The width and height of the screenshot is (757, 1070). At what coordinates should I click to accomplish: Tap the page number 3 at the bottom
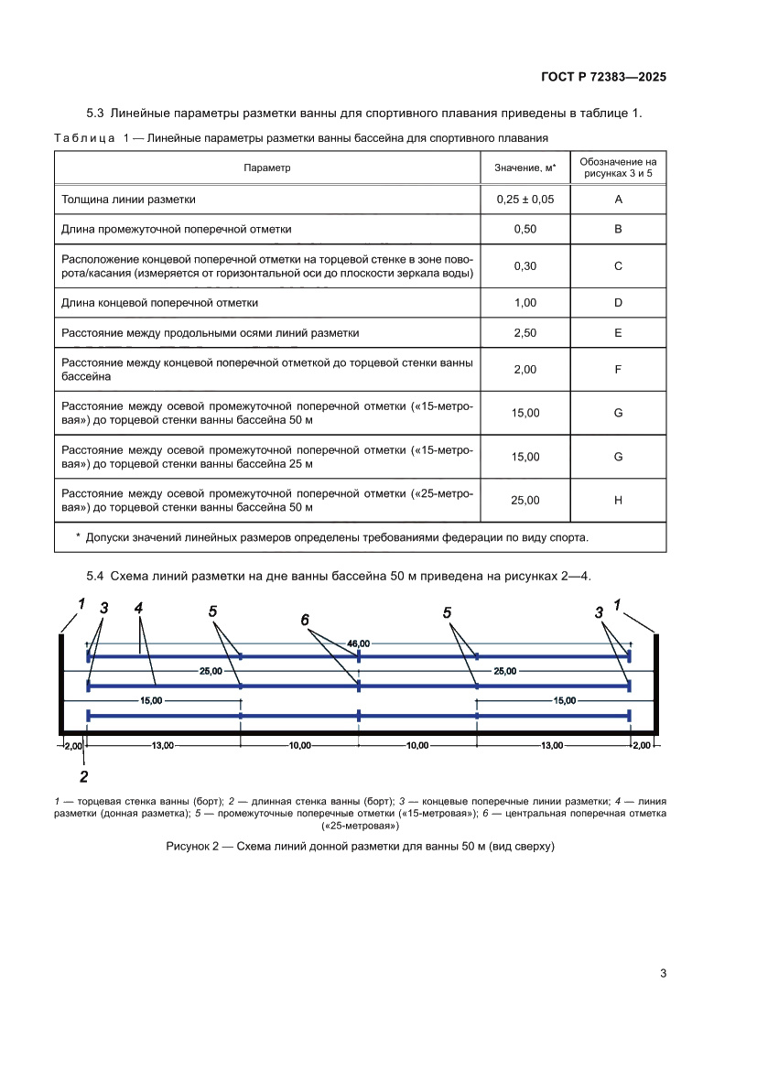[663, 973]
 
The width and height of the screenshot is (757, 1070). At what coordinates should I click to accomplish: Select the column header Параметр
[267, 168]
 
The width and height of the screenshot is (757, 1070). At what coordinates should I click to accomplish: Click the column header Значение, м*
[524, 168]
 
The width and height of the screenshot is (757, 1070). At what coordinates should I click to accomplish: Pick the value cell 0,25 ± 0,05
[524, 199]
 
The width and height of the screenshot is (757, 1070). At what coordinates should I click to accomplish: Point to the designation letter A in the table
[618, 199]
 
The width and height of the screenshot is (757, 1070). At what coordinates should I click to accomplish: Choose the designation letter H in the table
[618, 500]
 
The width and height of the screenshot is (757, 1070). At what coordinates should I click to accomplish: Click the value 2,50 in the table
[524, 333]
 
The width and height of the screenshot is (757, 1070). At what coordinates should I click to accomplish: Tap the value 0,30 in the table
[524, 265]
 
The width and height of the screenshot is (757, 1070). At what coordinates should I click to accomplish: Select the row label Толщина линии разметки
[128, 199]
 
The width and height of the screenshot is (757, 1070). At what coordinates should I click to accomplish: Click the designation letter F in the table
[618, 370]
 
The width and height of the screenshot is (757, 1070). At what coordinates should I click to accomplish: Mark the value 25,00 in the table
[524, 500]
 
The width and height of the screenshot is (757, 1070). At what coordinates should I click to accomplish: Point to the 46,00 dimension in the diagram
[359, 644]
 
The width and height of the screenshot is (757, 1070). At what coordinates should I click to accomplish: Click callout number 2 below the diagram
[83, 777]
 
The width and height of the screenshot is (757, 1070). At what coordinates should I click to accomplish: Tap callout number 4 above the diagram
[138, 608]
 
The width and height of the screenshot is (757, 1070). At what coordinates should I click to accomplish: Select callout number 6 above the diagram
[306, 620]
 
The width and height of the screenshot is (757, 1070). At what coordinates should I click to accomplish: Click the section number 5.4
[96, 576]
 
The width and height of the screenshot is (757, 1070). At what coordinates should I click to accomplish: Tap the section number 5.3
[96, 113]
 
